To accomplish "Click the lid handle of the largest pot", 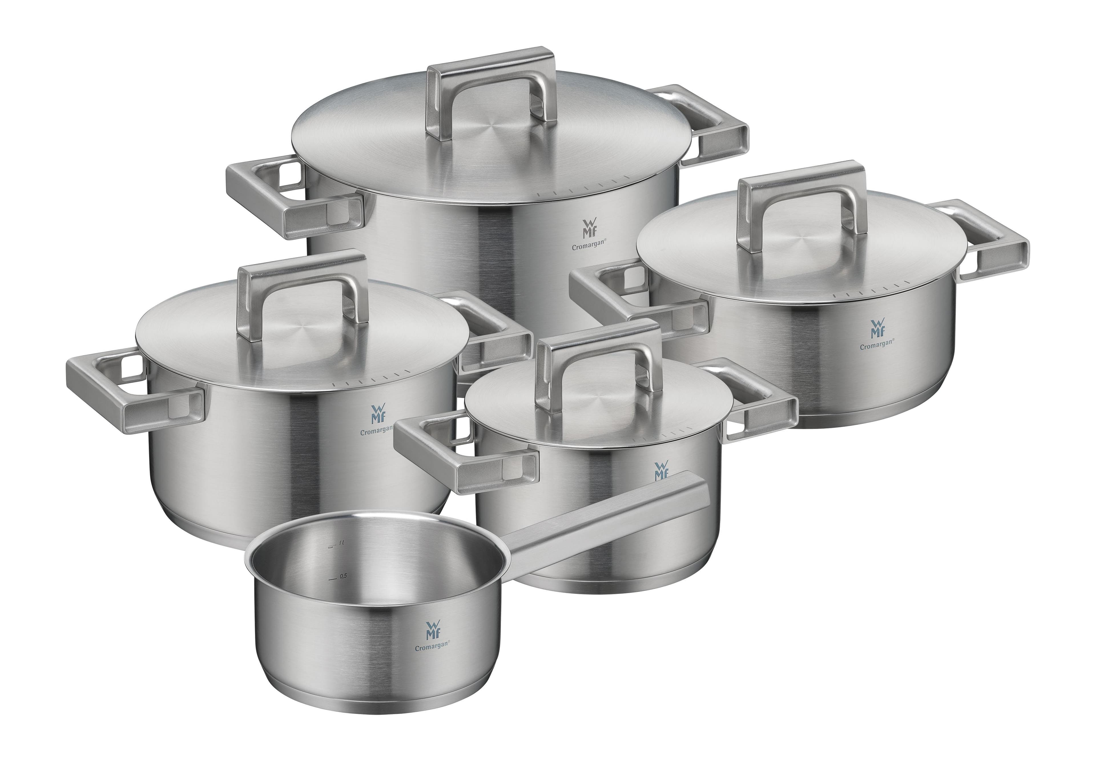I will click(491, 72).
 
